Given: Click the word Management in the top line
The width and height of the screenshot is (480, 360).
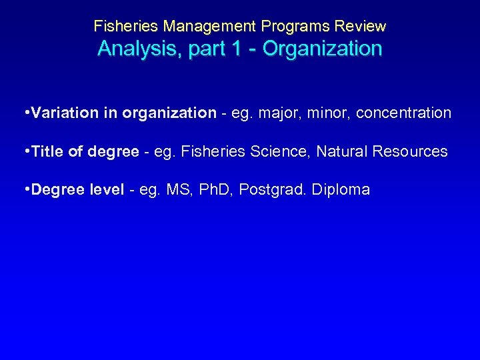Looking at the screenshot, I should [209, 27].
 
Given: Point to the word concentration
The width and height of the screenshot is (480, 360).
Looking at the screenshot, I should [403, 113].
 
